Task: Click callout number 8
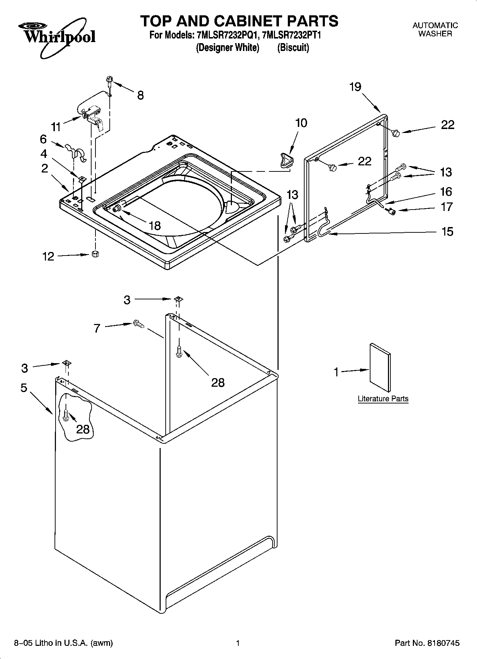tap(141, 95)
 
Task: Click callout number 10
tap(301, 123)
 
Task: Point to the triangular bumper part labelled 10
tap(286, 159)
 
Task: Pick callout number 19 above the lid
tap(355, 87)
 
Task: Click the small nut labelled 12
tap(95, 254)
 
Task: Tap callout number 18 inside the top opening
tap(154, 225)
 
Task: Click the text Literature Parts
tap(383, 398)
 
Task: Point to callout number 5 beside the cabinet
tap(24, 387)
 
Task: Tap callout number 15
tap(447, 232)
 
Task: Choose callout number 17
tap(447, 207)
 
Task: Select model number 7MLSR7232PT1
tap(292, 36)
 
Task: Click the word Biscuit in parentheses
tap(293, 47)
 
